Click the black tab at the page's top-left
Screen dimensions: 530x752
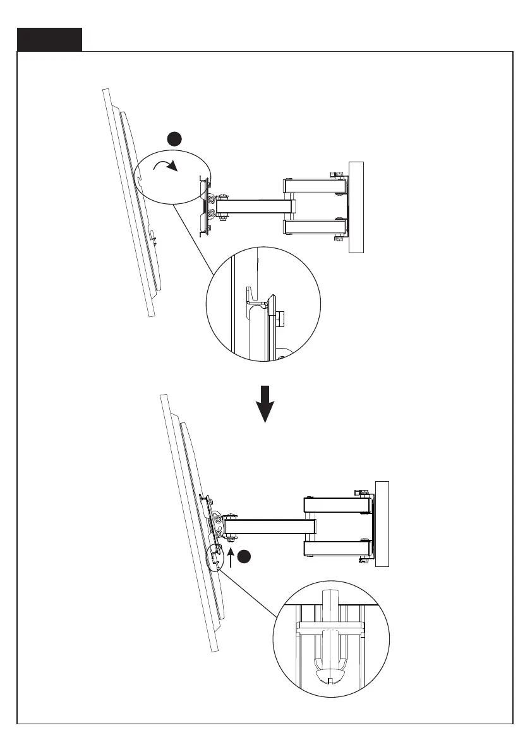pos(50,39)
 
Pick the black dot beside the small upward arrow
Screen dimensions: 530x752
pos(246,556)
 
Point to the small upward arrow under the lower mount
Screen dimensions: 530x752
pos(232,557)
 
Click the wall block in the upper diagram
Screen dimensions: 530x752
pos(356,207)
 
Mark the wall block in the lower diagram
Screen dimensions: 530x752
pos(382,524)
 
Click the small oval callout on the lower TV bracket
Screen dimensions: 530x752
pos(215,556)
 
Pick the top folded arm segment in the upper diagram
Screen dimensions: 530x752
pos(314,187)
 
